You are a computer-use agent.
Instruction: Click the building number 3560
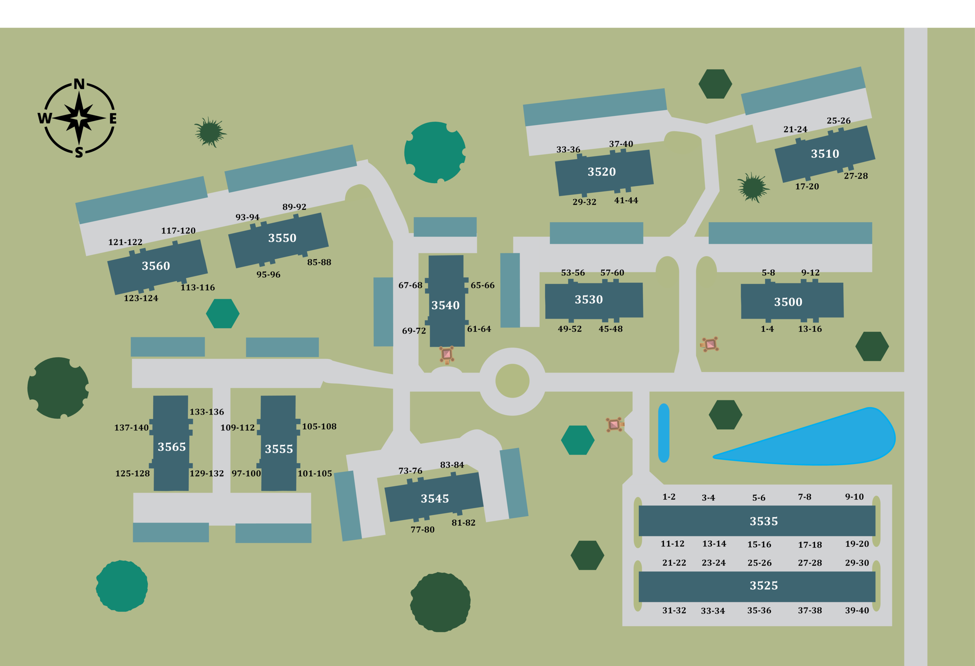(x=156, y=266)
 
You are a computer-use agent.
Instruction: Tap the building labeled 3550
(x=282, y=238)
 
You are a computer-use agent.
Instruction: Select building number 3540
(x=445, y=305)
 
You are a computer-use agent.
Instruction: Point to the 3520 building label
(x=601, y=172)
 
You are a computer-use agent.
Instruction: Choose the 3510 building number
(x=825, y=154)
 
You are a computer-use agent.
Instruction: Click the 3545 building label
(x=434, y=499)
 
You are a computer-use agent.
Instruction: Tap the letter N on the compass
(x=79, y=84)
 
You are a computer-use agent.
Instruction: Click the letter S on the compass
(x=79, y=153)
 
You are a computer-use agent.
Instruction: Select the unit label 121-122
(x=125, y=243)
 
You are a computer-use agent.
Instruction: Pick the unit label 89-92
(x=294, y=207)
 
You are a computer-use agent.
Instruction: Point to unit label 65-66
(x=482, y=285)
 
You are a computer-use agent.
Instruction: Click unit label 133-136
(x=207, y=412)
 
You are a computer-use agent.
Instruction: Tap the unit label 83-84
(x=452, y=465)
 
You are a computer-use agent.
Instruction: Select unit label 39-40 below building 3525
(x=857, y=611)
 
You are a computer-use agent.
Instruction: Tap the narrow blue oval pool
(x=664, y=433)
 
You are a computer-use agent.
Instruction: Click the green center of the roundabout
(x=512, y=381)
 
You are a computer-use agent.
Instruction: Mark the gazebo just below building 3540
(x=447, y=355)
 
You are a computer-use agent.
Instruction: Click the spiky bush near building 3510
(x=753, y=188)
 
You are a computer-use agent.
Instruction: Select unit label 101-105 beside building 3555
(x=315, y=474)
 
